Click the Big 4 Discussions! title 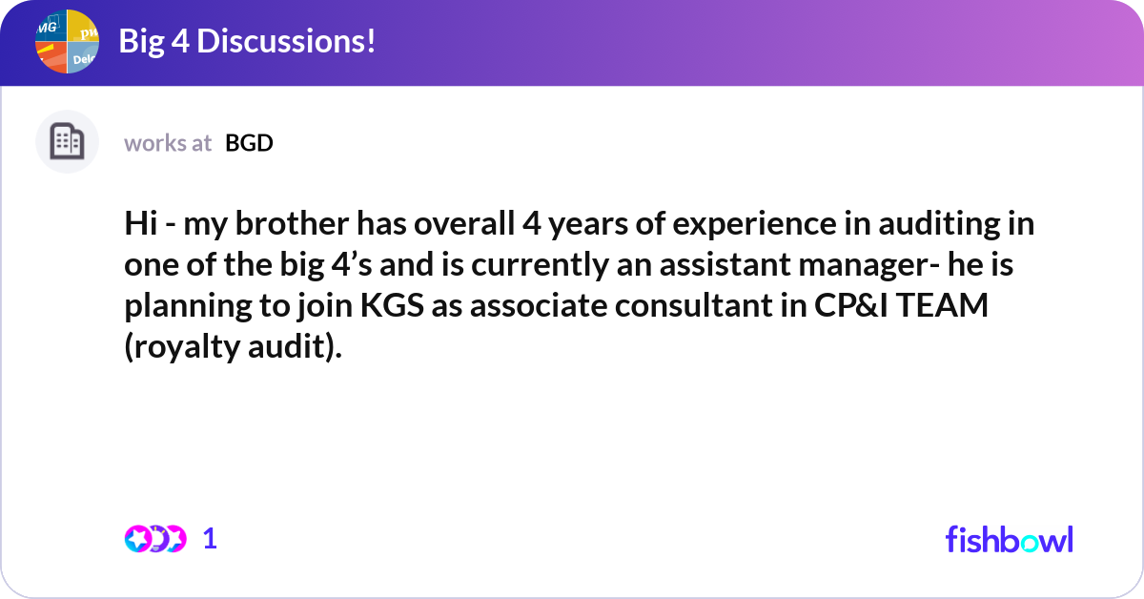click(x=247, y=41)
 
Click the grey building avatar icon click(x=67, y=142)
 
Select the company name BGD click(x=249, y=143)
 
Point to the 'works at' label click(x=168, y=143)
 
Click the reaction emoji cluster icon click(x=154, y=539)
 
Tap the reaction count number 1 click(x=210, y=539)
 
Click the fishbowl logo click(x=1009, y=539)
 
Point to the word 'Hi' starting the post click(x=139, y=225)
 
